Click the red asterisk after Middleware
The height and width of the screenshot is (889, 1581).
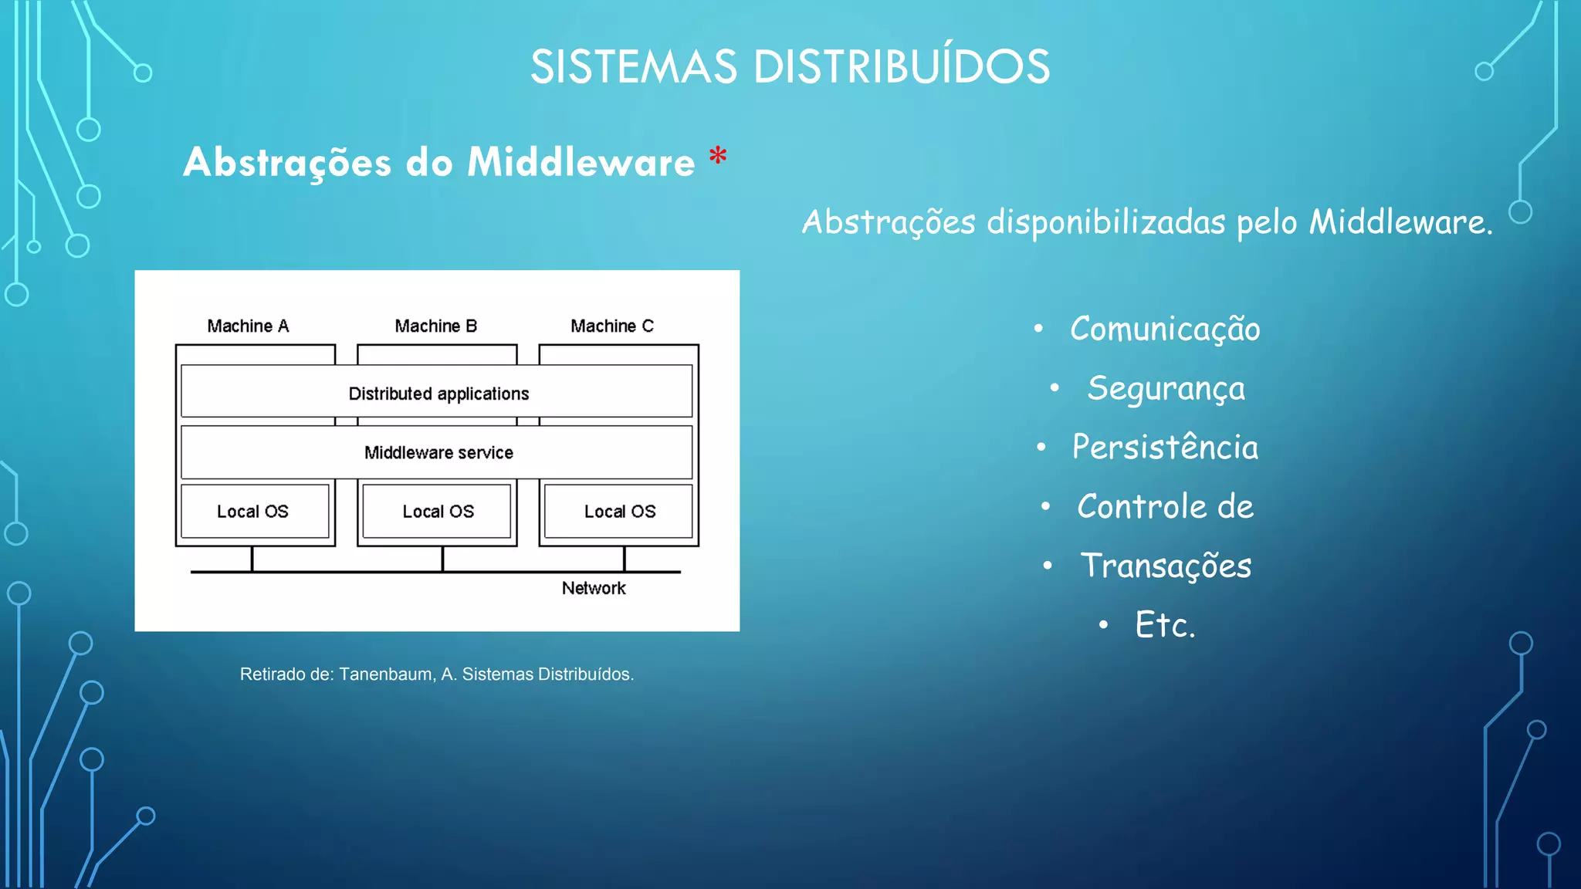coord(718,157)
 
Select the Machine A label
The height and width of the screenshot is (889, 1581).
coord(248,326)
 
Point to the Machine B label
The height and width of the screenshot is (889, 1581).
coord(436,326)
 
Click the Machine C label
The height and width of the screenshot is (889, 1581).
coord(612,326)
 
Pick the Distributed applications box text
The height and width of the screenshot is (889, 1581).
coord(438,394)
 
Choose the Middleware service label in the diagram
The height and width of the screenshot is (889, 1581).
coord(438,453)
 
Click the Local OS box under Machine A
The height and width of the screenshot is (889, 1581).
coord(253,511)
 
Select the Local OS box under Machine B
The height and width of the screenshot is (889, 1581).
coord(438,511)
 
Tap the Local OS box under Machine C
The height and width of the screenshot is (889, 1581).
coord(619,511)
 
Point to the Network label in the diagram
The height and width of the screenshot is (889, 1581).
coord(594,588)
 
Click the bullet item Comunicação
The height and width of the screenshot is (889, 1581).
coord(1164,330)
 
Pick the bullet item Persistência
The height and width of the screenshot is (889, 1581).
coord(1165,448)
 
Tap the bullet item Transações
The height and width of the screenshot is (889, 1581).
coord(1166,566)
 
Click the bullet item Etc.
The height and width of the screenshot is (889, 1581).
coord(1165,625)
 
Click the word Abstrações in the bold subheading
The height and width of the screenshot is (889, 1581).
coord(287,164)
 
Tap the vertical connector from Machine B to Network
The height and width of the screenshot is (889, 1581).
coord(442,559)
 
